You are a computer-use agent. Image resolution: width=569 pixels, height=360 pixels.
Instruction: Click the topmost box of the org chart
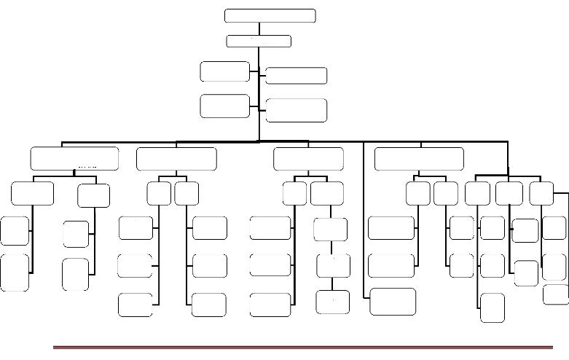coord(270,16)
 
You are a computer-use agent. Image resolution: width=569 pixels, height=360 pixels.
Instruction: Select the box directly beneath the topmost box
coord(259,42)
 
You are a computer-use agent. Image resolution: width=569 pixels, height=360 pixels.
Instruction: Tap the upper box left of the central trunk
coord(225,71)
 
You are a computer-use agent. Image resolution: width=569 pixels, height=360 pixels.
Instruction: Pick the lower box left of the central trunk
coord(225,105)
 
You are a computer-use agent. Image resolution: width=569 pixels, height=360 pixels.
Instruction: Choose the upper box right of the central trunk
coord(296,75)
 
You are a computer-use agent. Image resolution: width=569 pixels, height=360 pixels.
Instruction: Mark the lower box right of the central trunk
coord(296,109)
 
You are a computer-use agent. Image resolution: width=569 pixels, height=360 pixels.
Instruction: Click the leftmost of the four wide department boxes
coord(74,158)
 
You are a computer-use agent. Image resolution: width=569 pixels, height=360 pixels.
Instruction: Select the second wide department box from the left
coord(176,158)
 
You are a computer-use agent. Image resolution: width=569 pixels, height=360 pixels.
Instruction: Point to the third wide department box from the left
coord(308,158)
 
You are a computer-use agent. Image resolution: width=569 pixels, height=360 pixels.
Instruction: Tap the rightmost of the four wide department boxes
coord(418,158)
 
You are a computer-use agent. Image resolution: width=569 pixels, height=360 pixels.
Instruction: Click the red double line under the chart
coord(302,348)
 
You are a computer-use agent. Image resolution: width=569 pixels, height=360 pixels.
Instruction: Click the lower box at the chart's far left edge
coord(15,272)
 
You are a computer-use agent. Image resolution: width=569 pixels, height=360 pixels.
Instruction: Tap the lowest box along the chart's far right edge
coord(556,294)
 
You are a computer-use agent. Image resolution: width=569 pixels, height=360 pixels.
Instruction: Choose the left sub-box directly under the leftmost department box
coord(32,195)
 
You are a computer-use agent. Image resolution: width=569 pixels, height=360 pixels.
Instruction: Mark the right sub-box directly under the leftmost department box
coord(94,195)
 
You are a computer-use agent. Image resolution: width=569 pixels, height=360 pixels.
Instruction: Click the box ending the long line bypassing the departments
coord(393,302)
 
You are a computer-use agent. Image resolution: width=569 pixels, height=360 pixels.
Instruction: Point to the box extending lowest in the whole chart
coord(493,307)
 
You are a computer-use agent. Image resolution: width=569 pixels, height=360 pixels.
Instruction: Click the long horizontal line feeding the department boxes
coord(284,140)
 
